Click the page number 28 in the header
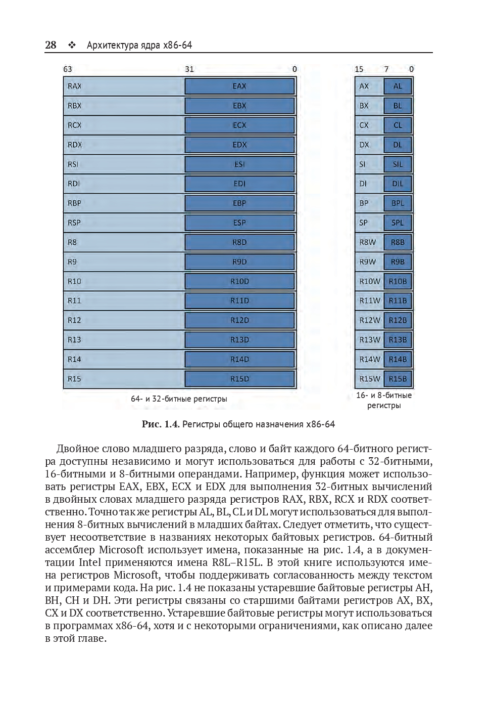tap(51, 45)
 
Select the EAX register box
tap(239, 86)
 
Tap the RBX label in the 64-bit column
tap(74, 106)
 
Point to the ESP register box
tap(239, 223)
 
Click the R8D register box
tap(239, 242)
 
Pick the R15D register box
tap(239, 379)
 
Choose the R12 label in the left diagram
tap(74, 320)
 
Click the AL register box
tap(398, 86)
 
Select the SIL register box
tap(398, 164)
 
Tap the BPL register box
tap(398, 203)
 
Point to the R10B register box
tap(398, 281)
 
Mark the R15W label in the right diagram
tap(369, 379)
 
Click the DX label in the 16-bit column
tap(364, 145)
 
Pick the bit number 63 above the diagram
tap(67, 69)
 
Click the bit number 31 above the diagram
tap(189, 69)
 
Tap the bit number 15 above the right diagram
tap(359, 69)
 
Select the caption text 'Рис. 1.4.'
tap(160, 424)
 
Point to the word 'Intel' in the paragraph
tap(90, 562)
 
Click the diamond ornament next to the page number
tap(72, 46)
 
